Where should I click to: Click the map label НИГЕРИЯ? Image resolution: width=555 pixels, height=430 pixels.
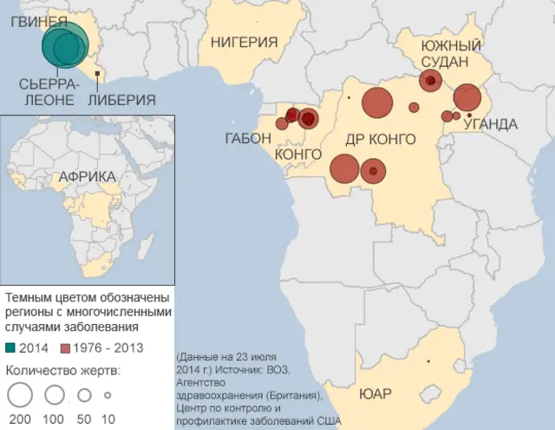(244, 42)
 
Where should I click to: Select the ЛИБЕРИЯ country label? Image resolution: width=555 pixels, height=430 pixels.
(122, 99)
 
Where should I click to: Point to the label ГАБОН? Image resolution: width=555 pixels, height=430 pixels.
(248, 138)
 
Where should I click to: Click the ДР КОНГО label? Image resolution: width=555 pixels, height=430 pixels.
(381, 140)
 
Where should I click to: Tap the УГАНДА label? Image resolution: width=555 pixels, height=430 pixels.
(491, 124)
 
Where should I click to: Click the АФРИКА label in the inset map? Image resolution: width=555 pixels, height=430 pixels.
(87, 177)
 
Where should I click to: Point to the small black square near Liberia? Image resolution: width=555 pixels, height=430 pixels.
(98, 75)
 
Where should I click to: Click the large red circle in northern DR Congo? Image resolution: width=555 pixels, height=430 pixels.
(378, 103)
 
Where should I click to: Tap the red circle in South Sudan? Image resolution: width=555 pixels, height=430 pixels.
(431, 81)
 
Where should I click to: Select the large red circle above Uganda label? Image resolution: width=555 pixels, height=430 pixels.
(467, 97)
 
